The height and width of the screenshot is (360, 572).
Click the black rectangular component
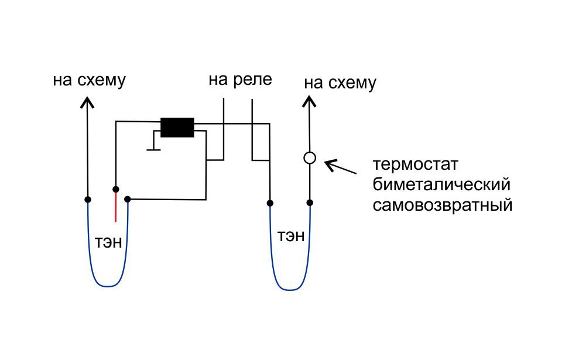177,127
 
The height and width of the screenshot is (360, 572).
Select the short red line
116,207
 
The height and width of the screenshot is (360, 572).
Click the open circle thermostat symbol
310,157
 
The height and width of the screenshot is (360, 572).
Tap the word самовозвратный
443,205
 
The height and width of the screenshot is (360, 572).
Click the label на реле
240,79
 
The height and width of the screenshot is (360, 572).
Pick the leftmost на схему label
89,80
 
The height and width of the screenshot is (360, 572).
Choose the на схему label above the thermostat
340,83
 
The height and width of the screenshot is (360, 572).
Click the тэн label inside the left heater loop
108,241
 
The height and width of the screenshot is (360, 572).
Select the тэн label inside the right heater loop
291,236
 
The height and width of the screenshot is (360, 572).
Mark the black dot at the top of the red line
116,189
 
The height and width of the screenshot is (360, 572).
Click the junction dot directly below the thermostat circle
310,203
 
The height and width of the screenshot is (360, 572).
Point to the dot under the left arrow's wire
88,199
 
